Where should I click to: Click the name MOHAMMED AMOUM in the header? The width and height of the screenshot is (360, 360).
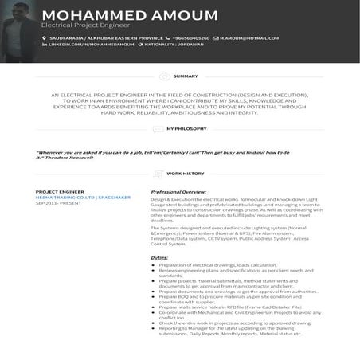tap(130, 15)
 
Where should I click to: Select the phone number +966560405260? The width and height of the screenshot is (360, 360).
tap(191, 37)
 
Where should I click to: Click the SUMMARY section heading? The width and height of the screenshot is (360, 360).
tap(186, 76)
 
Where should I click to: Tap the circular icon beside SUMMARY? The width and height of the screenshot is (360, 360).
tap(165, 76)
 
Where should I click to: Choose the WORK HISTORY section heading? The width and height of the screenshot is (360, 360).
tap(186, 173)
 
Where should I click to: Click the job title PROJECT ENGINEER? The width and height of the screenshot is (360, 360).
tap(60, 192)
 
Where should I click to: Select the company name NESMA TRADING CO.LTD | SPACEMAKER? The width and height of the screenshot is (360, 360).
tap(83, 197)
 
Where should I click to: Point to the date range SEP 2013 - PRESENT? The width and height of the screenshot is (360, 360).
tap(58, 202)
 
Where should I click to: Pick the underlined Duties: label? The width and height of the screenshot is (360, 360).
tap(159, 257)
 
